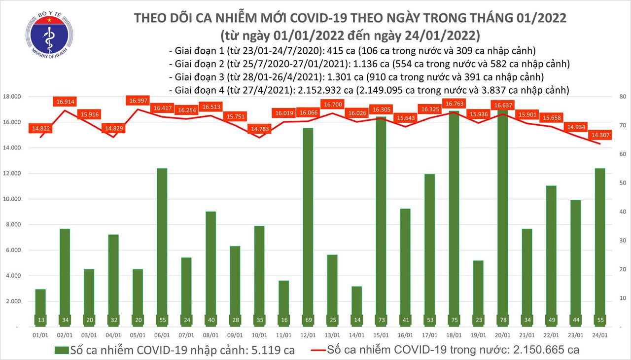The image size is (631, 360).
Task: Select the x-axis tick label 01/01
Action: pos(41,336)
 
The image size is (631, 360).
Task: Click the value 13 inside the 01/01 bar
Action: pos(41,320)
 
